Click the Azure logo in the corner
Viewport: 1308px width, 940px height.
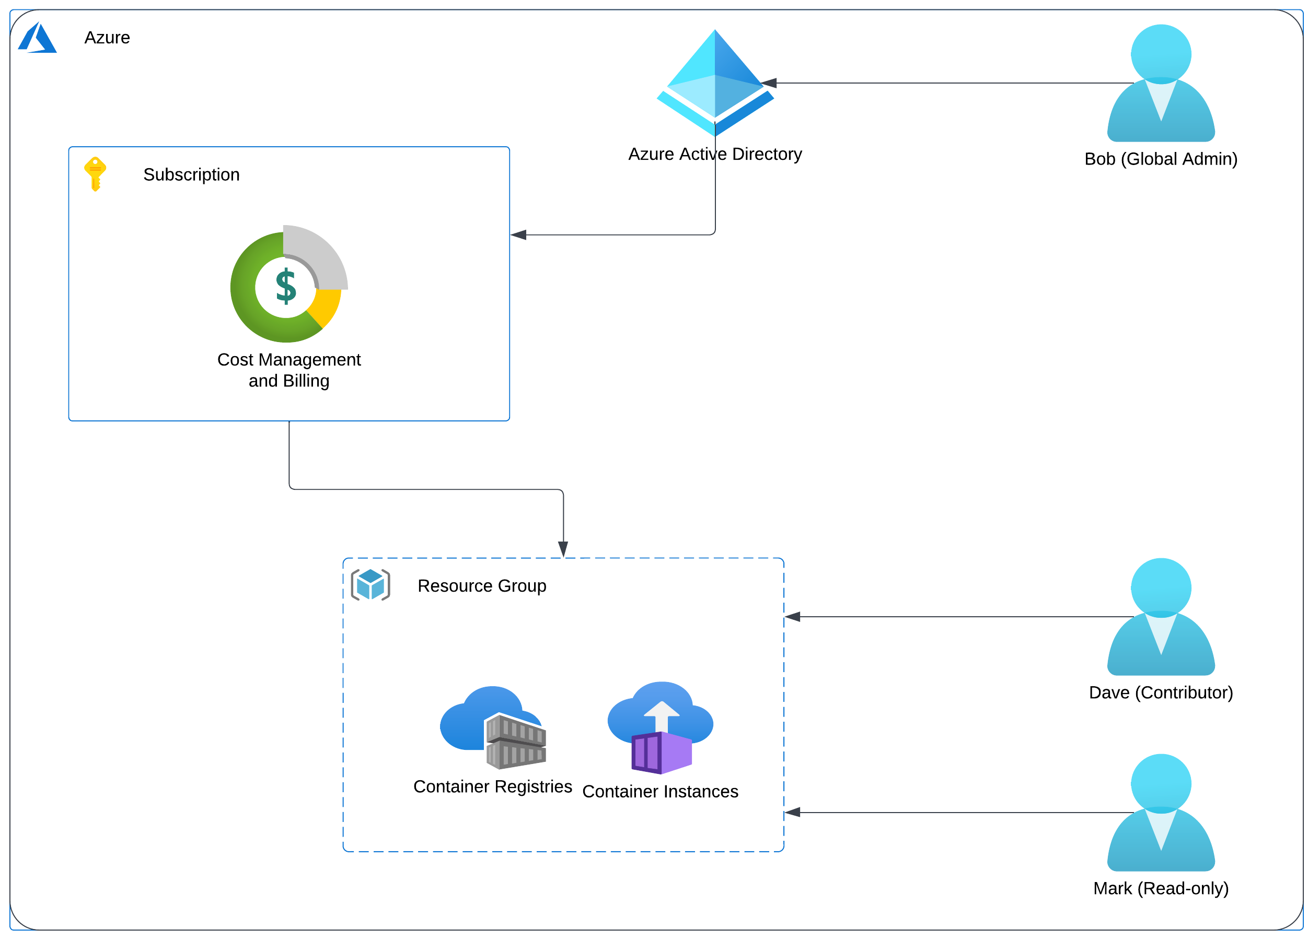38,38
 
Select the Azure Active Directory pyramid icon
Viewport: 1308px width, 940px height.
715,83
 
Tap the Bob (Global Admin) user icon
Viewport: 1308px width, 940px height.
1161,83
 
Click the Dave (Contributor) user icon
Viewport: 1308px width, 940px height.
1161,617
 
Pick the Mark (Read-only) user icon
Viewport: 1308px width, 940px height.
1161,813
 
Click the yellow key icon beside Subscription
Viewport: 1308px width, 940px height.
95,174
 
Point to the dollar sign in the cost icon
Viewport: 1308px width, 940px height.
286,286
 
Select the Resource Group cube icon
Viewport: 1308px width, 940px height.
371,585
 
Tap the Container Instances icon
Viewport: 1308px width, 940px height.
661,728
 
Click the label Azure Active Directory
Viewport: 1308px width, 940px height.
715,154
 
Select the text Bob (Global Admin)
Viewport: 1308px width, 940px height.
1161,159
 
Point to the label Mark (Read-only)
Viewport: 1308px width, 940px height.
1161,889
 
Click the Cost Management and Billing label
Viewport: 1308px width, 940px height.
289,370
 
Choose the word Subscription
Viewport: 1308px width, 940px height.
191,174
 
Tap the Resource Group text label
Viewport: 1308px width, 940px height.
482,586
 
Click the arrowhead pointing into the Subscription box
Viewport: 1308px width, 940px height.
518,235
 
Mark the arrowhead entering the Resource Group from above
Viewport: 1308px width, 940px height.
563,549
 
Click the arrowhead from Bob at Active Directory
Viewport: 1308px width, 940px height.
769,83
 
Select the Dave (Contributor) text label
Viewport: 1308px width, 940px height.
1161,693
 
